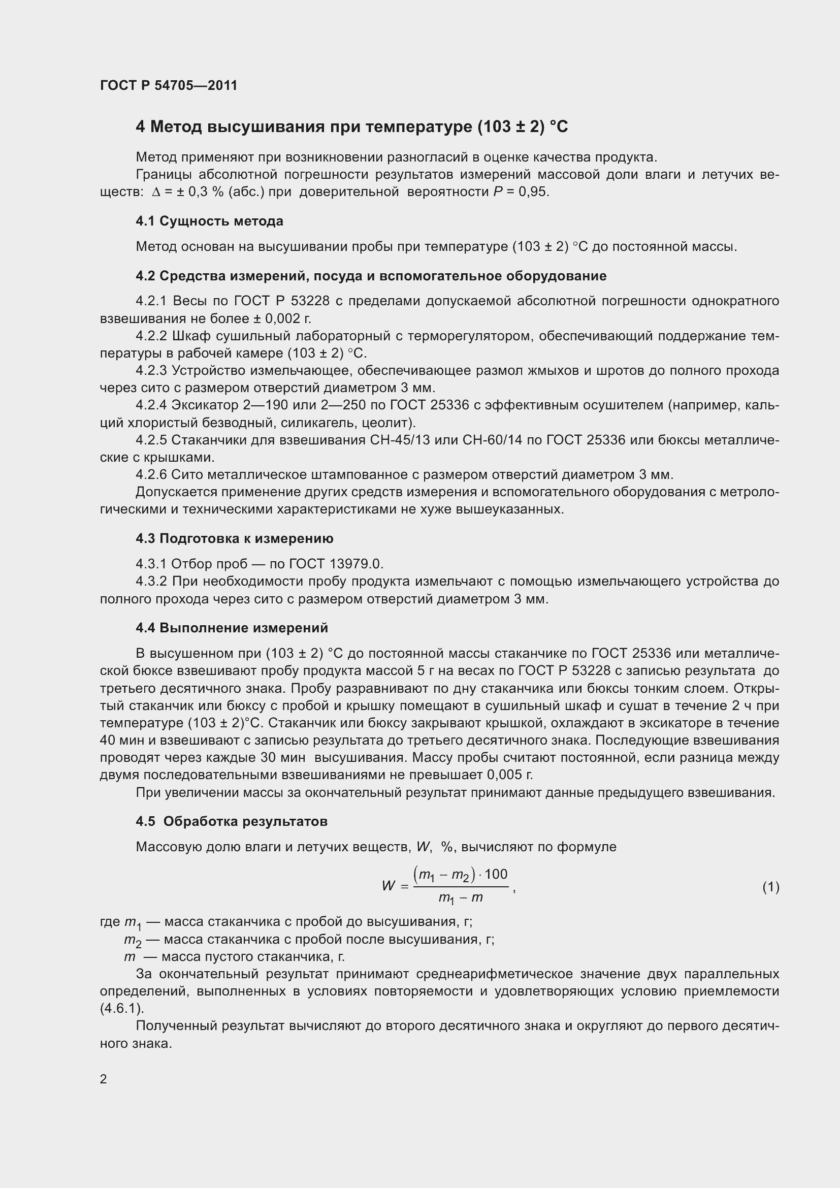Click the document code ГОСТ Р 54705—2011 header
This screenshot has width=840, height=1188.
(x=169, y=85)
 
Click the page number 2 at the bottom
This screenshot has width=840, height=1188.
(x=104, y=1079)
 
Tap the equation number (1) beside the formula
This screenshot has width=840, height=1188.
(x=770, y=887)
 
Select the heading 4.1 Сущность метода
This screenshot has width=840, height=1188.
(x=209, y=221)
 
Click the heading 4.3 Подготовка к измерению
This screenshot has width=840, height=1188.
(x=234, y=538)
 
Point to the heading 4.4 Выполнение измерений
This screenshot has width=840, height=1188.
(x=232, y=628)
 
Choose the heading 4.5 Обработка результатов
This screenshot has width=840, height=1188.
(x=232, y=822)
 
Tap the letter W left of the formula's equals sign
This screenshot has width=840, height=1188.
(x=389, y=886)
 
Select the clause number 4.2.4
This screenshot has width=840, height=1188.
(x=151, y=405)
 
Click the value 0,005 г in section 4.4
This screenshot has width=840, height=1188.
(x=509, y=775)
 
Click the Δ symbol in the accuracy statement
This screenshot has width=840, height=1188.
(x=156, y=192)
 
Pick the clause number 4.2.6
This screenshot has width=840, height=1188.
(x=151, y=475)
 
